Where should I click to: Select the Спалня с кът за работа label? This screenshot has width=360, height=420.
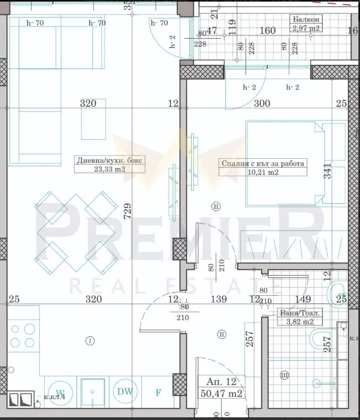(x=263, y=164)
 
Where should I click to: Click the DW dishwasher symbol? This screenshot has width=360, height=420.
(x=125, y=392)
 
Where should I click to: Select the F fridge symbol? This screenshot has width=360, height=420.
(x=158, y=393)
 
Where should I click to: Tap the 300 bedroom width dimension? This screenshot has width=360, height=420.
(x=262, y=104)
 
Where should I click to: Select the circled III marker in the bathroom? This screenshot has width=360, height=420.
(x=285, y=376)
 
